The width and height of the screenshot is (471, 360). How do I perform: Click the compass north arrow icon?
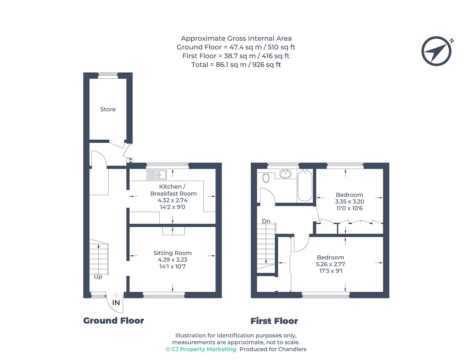pos(436,51)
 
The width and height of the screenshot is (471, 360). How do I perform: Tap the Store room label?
pos(108,109)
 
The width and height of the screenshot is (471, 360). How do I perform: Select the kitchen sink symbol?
pos(157,175)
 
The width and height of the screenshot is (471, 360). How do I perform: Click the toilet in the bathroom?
pos(266,177)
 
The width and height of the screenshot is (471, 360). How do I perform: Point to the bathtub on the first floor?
pos(305,185)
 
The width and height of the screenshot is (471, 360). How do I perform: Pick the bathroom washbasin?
pos(285,174)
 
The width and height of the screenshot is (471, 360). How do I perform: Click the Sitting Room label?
pos(172,253)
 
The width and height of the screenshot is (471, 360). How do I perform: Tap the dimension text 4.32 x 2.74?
pos(172,200)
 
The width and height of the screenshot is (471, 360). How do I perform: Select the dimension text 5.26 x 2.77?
pos(330,264)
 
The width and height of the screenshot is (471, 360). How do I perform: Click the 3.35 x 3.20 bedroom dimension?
pos(349,202)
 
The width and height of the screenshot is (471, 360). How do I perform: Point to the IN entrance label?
pos(116,303)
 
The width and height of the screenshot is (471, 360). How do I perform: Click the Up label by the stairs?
pos(98,277)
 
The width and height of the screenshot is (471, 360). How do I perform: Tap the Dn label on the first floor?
pos(266,221)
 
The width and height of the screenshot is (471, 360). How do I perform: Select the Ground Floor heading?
pos(113,321)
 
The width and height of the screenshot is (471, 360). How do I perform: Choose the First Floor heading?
pos(274,321)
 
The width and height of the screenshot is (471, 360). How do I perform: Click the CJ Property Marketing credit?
pos(201,349)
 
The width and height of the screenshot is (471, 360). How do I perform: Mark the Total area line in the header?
pos(236,65)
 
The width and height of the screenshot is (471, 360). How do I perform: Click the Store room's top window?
pos(108,76)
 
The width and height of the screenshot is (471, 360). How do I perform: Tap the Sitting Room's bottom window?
pos(164,295)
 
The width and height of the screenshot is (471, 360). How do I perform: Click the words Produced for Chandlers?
pos(273,349)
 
